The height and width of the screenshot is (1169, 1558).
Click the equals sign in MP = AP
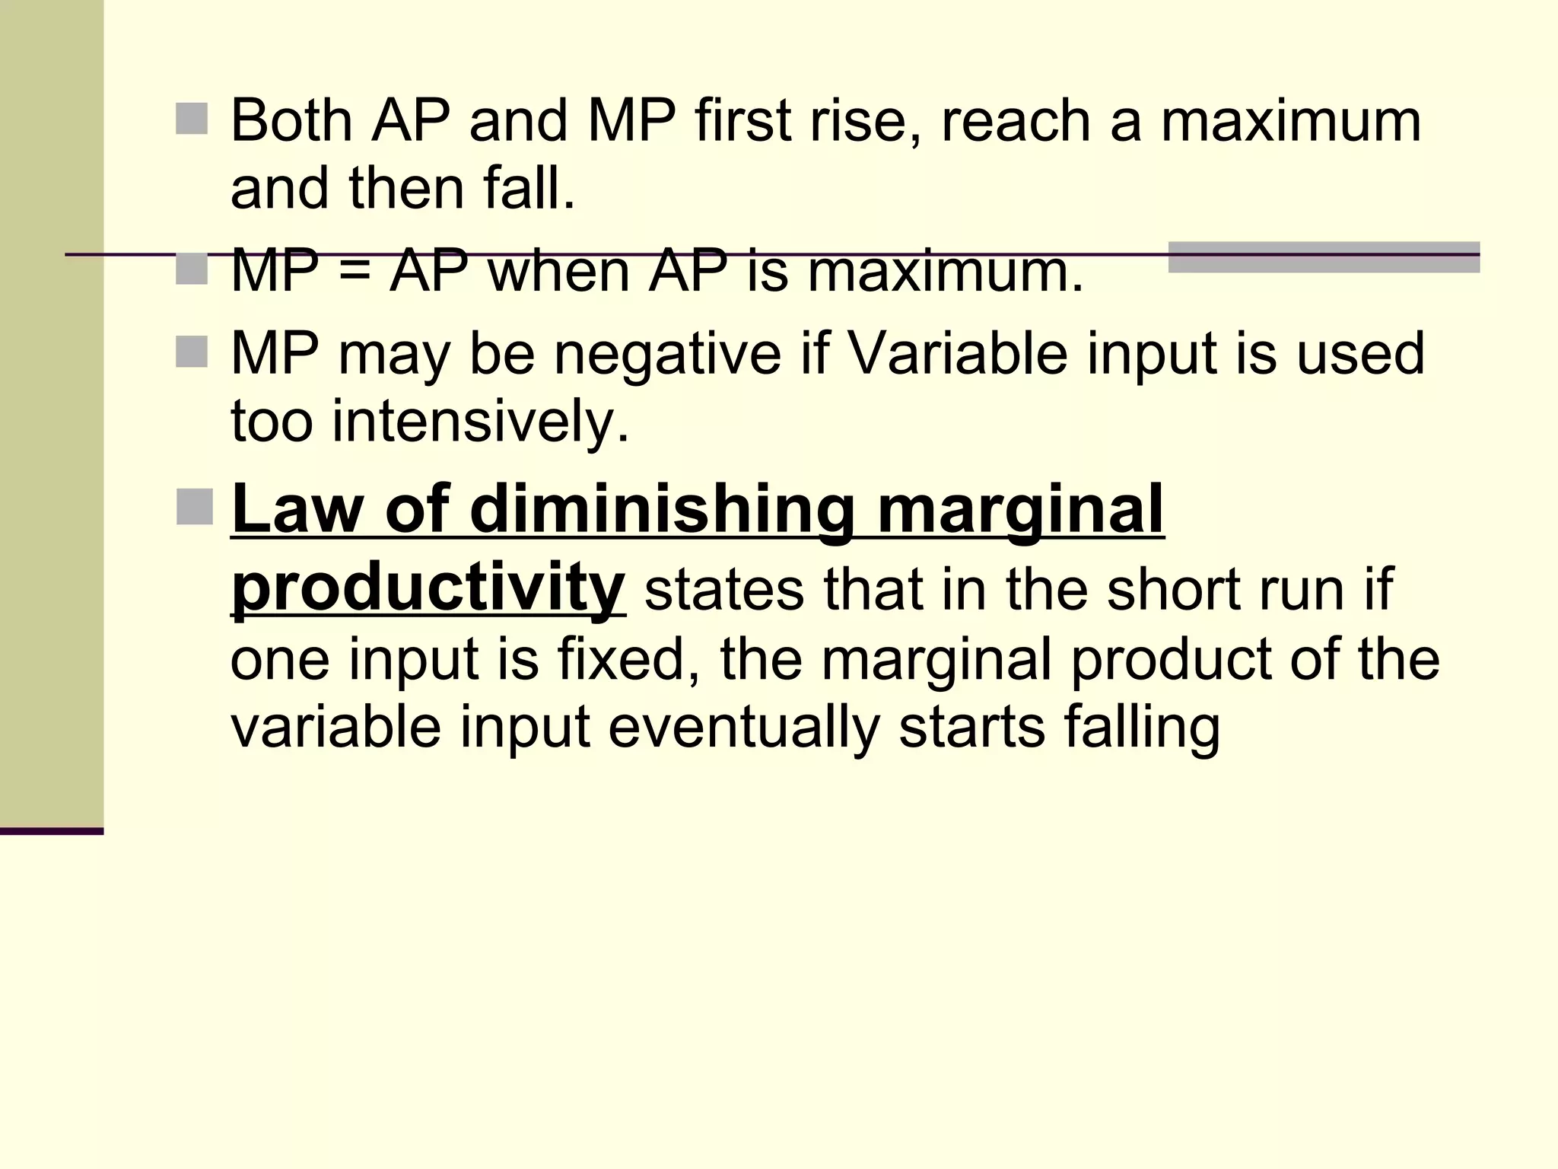pyautogui.click(x=353, y=272)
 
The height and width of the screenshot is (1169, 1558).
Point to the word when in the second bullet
pyautogui.click(x=558, y=272)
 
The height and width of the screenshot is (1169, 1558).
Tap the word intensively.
pyautogui.click(x=481, y=421)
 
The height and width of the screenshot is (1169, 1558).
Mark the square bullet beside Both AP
pyautogui.click(x=191, y=119)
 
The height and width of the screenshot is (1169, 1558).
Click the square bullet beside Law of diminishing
pyautogui.click(x=194, y=507)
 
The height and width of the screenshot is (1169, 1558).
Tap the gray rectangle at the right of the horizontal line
pyautogui.click(x=1323, y=257)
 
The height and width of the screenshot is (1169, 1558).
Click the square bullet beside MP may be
pyautogui.click(x=191, y=352)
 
